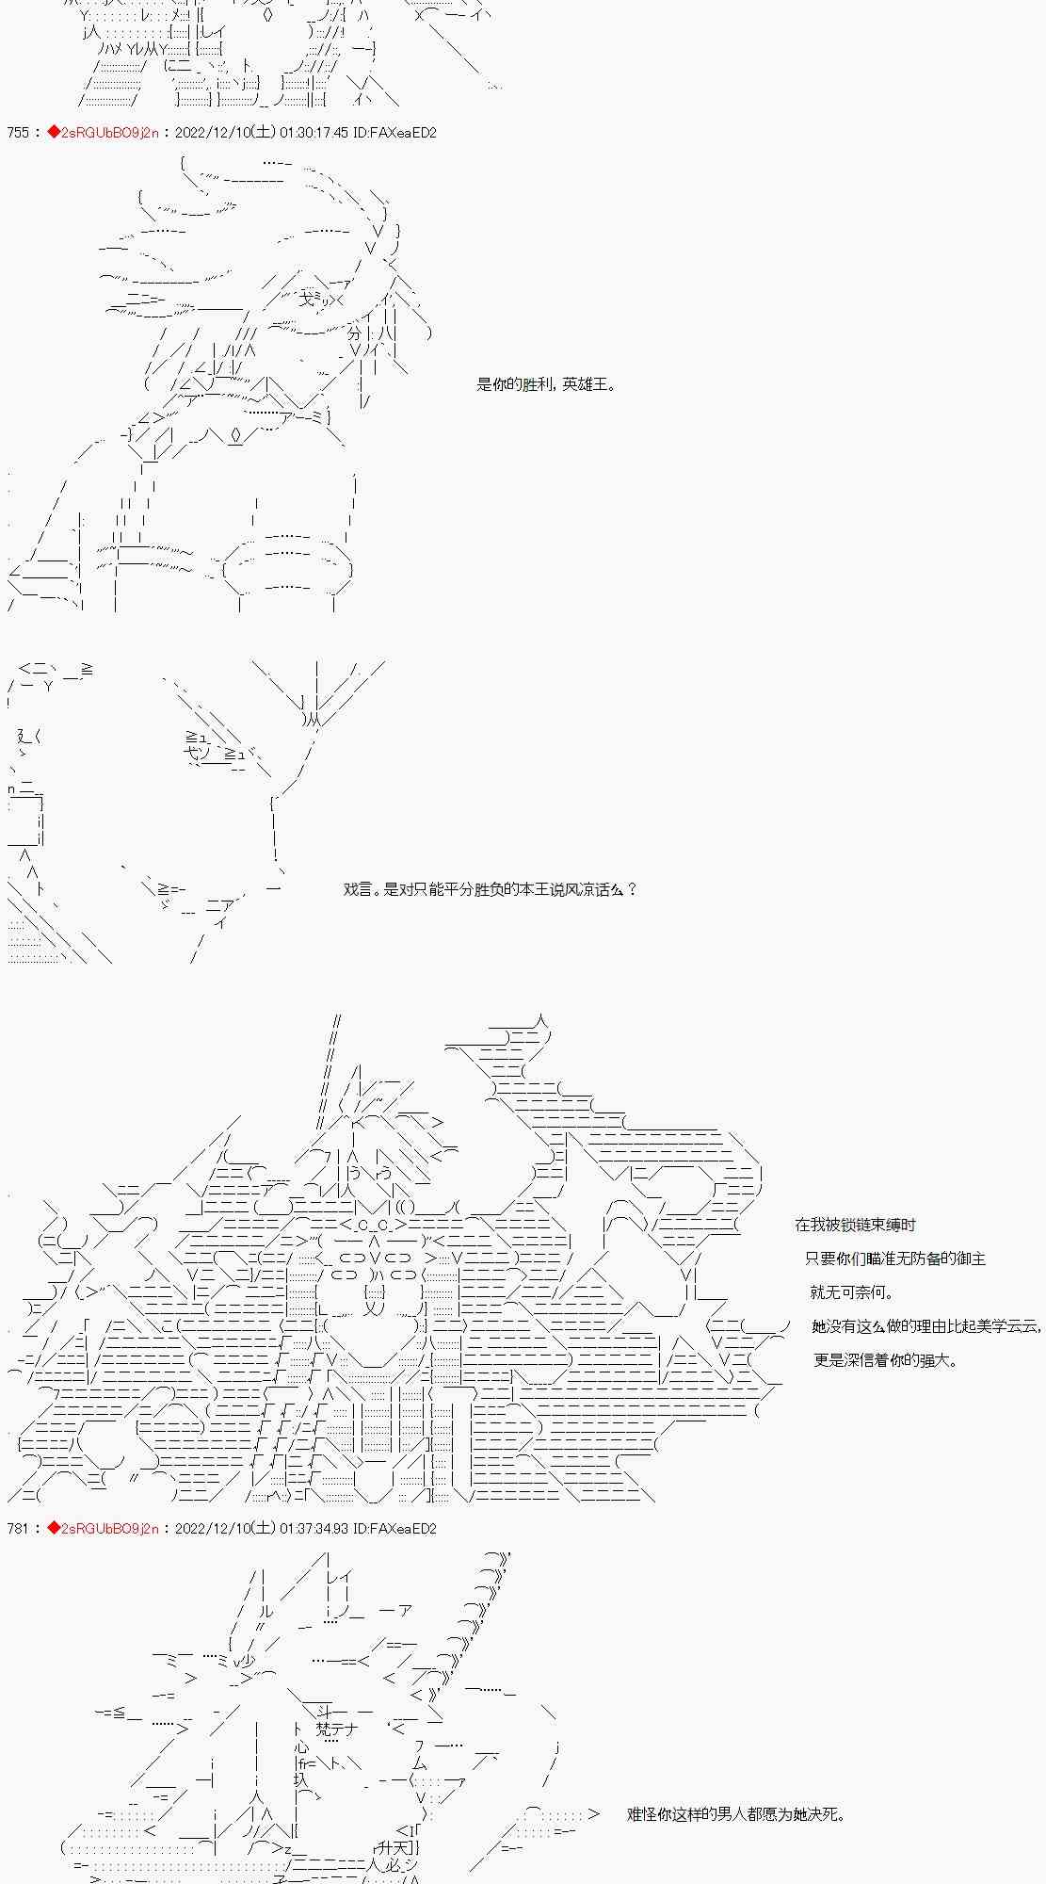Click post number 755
tap(18, 133)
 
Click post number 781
tap(18, 1528)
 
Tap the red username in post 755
tap(108, 133)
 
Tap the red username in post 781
tap(108, 1528)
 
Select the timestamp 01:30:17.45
tap(314, 133)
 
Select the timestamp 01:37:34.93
tap(314, 1528)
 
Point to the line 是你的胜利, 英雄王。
tap(546, 384)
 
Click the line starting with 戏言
tap(490, 889)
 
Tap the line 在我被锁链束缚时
tap(855, 1225)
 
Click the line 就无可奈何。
tap(852, 1292)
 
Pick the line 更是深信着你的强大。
tap(885, 1360)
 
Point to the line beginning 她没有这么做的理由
tap(926, 1326)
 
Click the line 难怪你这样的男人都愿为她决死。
tap(735, 1814)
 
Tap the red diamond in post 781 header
tap(53, 1528)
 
